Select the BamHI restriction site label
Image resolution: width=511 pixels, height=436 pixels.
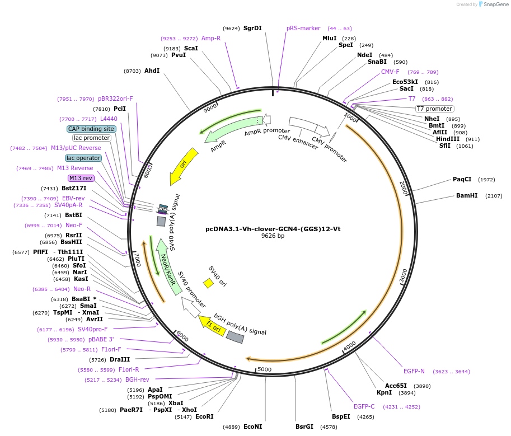coord(466,196)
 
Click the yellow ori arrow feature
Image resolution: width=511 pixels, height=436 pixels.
coord(184,166)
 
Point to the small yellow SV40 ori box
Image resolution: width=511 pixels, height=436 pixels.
coord(208,283)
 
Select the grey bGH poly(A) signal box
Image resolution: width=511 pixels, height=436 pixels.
coord(235,337)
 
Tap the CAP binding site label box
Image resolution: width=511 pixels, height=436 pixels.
coord(91,129)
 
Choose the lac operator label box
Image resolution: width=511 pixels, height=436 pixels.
coord(83,158)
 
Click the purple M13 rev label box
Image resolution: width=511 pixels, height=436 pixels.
coord(81,178)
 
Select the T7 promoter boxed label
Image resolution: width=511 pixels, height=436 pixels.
coord(434,109)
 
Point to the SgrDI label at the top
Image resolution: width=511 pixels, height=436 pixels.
coord(252,28)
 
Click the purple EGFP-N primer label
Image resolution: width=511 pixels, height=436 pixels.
coord(414,371)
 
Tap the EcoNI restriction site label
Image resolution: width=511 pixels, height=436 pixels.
coord(252,426)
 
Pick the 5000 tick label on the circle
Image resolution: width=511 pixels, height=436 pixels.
coord(264,369)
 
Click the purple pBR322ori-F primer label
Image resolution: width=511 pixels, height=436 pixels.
coord(115,99)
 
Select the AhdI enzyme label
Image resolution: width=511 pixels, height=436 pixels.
coord(152,71)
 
